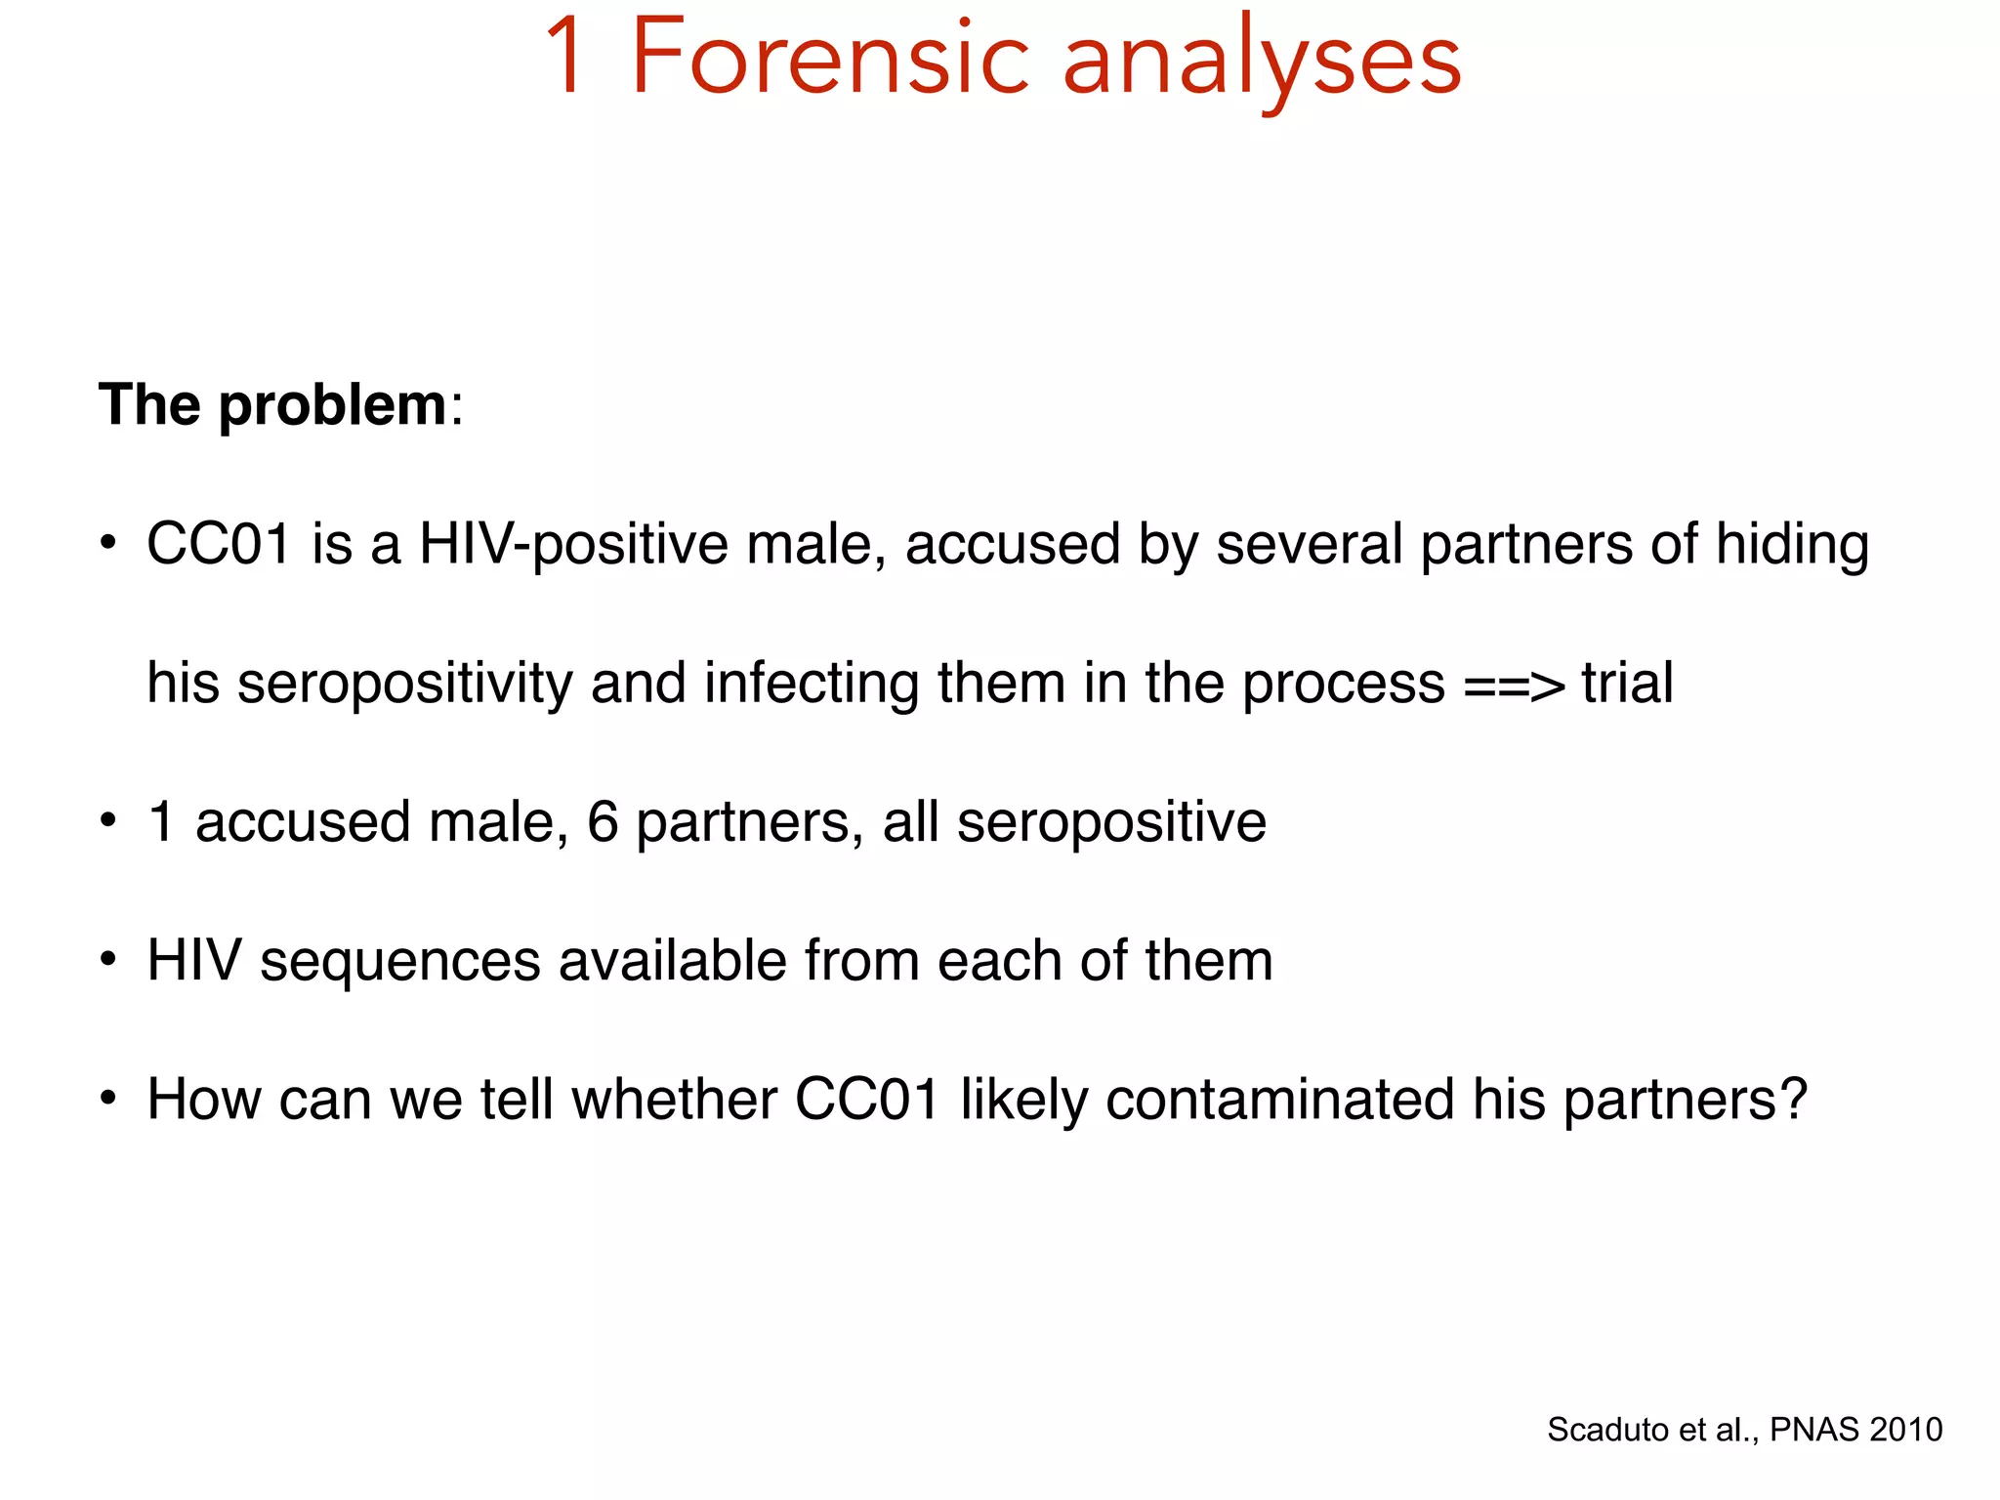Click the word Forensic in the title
tap(830, 59)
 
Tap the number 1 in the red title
tap(568, 59)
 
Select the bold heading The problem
tap(272, 404)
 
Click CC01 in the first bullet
tap(219, 544)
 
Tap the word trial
tap(1627, 683)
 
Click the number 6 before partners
tap(603, 821)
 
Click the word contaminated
tap(1279, 1100)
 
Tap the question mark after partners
tap(1793, 1100)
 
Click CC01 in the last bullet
tap(867, 1100)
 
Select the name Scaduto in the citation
tap(1607, 1430)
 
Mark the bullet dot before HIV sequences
tap(108, 961)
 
